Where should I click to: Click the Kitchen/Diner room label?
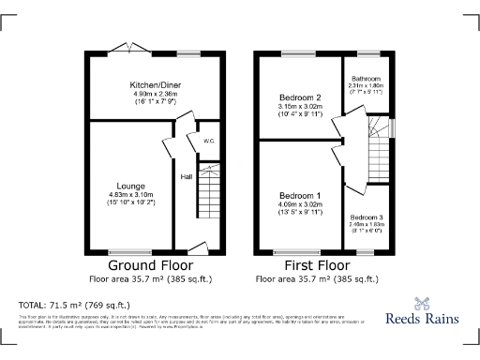pyautogui.click(x=156, y=84)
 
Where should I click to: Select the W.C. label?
pyautogui.click(x=209, y=142)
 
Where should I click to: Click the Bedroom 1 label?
pyautogui.click(x=300, y=195)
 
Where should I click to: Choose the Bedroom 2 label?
pyautogui.click(x=300, y=97)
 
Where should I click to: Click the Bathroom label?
pyautogui.click(x=366, y=80)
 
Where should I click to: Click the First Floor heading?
pyautogui.click(x=321, y=266)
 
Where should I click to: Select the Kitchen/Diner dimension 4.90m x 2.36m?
pyautogui.click(x=156, y=94)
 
